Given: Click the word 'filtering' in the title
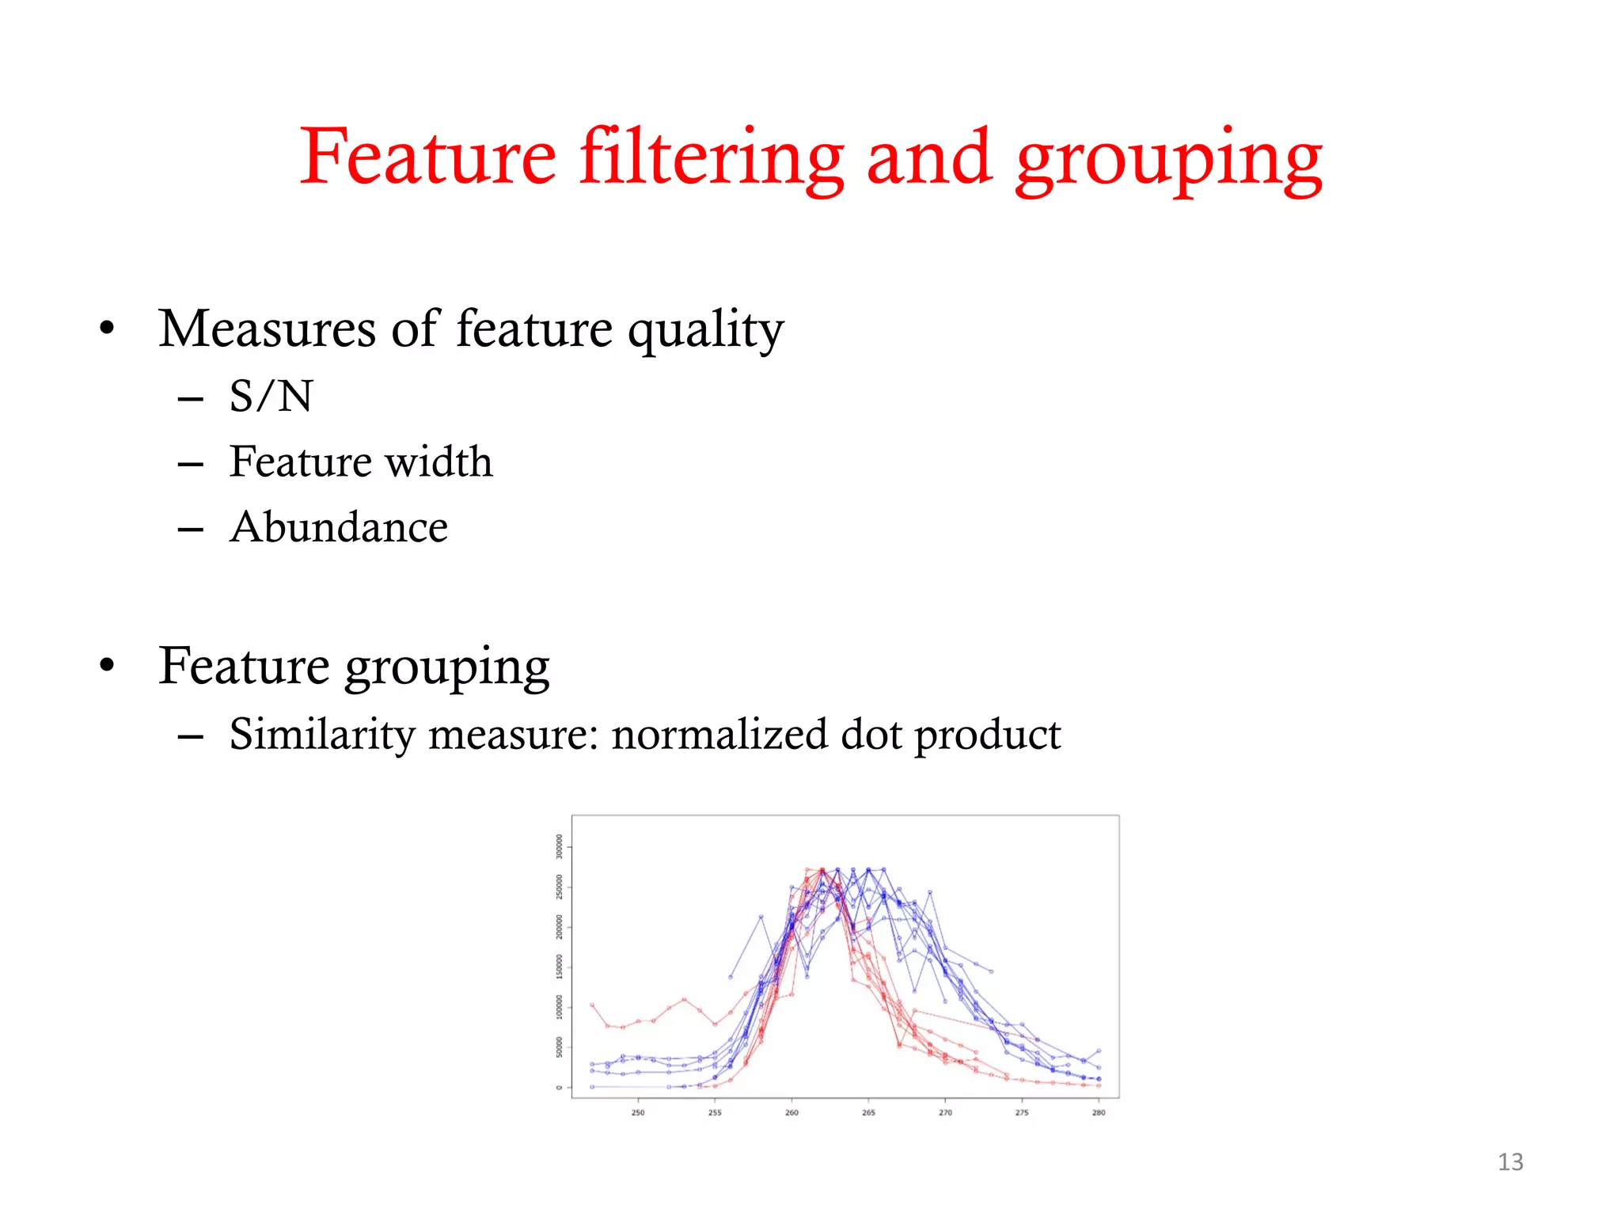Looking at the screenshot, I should pyautogui.click(x=711, y=158).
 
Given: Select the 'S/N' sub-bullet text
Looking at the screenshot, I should pyautogui.click(x=271, y=396).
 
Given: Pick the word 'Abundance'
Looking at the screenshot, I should pyautogui.click(x=339, y=527).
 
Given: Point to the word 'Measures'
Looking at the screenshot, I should pyautogui.click(x=267, y=329).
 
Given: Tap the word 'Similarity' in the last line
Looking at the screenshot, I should pyautogui.click(x=322, y=735).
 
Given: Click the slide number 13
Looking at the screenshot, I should pyautogui.click(x=1510, y=1162).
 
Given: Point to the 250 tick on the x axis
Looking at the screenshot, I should pyautogui.click(x=638, y=1112).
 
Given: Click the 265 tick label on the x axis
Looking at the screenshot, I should pyautogui.click(x=868, y=1112).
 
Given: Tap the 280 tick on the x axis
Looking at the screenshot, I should pyautogui.click(x=1099, y=1112).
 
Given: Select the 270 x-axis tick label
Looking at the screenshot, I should pyautogui.click(x=945, y=1112).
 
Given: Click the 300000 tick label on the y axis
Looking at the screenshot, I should pyautogui.click(x=559, y=846).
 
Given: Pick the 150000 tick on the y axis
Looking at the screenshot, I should pyautogui.click(x=559, y=967).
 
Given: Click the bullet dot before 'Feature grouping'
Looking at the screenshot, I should pyautogui.click(x=108, y=666).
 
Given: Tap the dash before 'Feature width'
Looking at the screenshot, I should pyautogui.click(x=191, y=465).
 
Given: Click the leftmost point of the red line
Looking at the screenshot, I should pyautogui.click(x=592, y=1005).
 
